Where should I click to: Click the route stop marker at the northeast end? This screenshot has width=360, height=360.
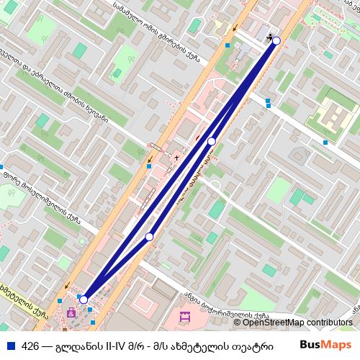(276, 41)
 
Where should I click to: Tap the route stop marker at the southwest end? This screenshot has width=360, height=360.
(84, 300)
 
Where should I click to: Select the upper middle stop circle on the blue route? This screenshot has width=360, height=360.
(212, 141)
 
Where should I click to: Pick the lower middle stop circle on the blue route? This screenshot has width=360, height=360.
(150, 237)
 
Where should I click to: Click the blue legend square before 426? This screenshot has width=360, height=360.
(9, 345)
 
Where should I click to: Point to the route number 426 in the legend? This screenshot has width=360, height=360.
(31, 345)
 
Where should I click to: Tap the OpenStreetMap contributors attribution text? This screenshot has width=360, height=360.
(292, 323)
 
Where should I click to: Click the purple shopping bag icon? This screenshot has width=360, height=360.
(71, 313)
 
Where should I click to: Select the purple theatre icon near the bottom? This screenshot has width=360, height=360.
(183, 316)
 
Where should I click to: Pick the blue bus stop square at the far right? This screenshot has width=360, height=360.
(325, 143)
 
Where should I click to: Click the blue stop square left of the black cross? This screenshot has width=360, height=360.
(149, 166)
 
